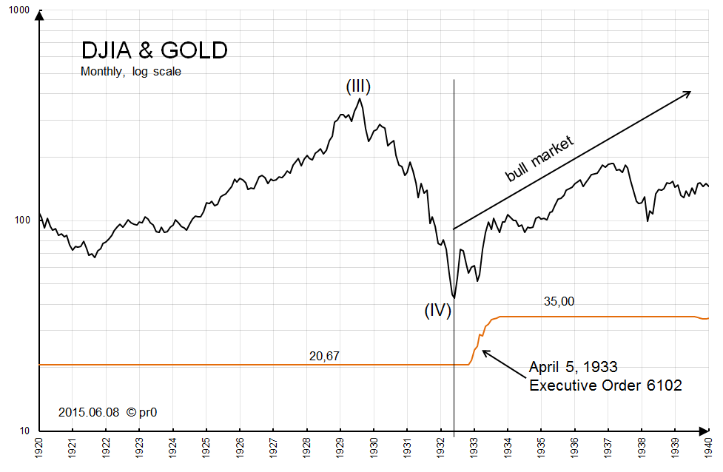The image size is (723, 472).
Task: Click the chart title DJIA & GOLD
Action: pos(154,50)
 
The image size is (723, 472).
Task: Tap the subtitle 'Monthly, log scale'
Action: pos(131,72)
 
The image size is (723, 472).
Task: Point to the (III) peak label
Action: pos(358,87)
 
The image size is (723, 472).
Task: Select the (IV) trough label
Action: pos(438,310)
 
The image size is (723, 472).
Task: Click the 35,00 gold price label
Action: pos(559,301)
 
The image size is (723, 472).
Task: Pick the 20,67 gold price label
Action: pos(324,356)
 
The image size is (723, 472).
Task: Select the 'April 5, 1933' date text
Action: pos(574,367)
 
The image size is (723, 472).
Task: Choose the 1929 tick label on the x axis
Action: pos(340,448)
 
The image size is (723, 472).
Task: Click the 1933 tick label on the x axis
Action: pos(474,448)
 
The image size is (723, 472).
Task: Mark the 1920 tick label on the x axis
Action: pos(39,448)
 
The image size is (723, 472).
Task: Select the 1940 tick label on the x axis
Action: pos(708,448)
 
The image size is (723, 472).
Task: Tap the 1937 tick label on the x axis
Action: pos(608,448)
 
